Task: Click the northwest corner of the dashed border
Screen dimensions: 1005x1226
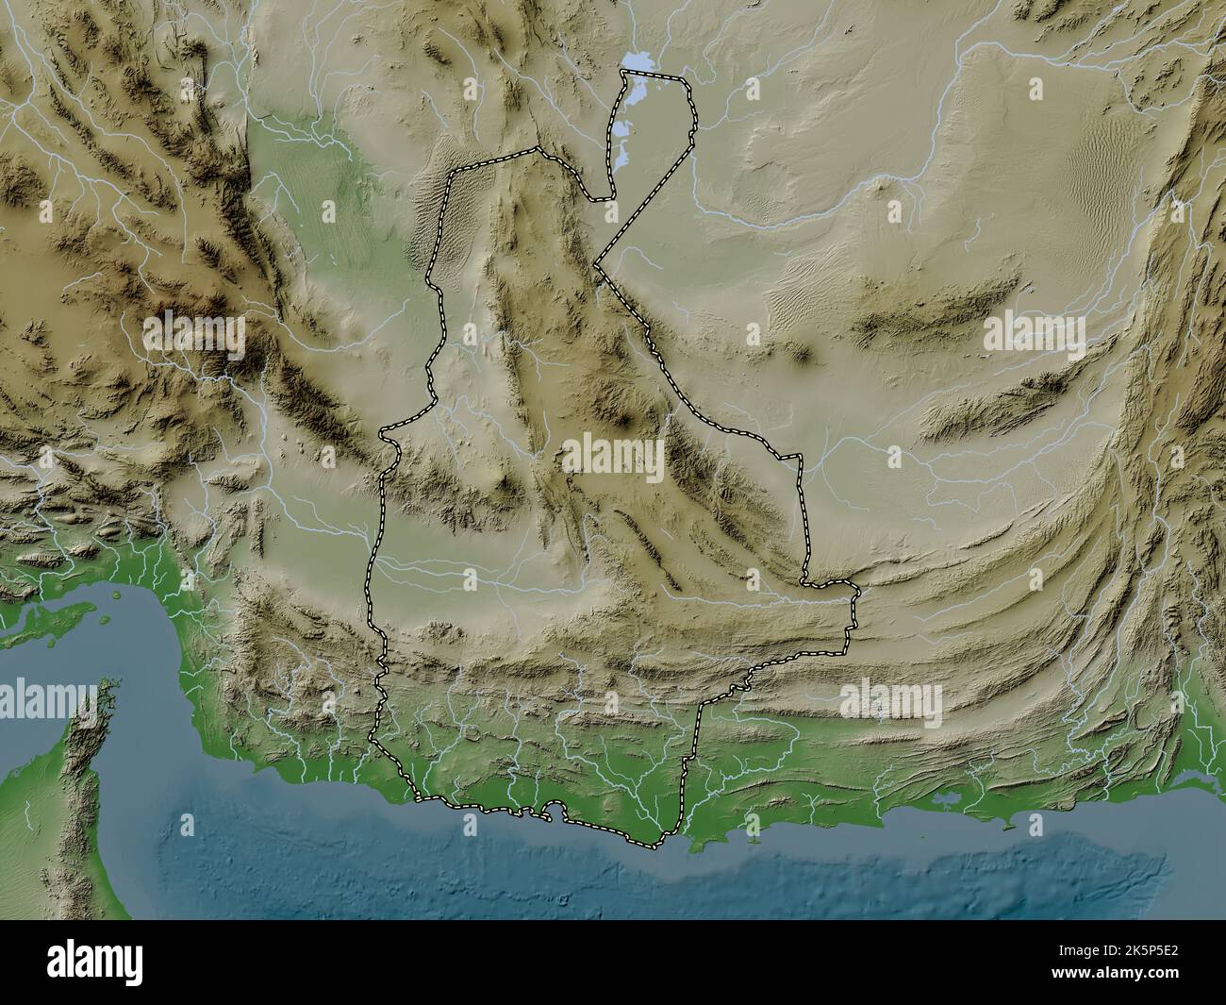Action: click(456, 172)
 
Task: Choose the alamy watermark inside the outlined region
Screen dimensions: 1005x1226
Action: click(613, 456)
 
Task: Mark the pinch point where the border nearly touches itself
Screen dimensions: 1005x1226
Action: click(597, 267)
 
